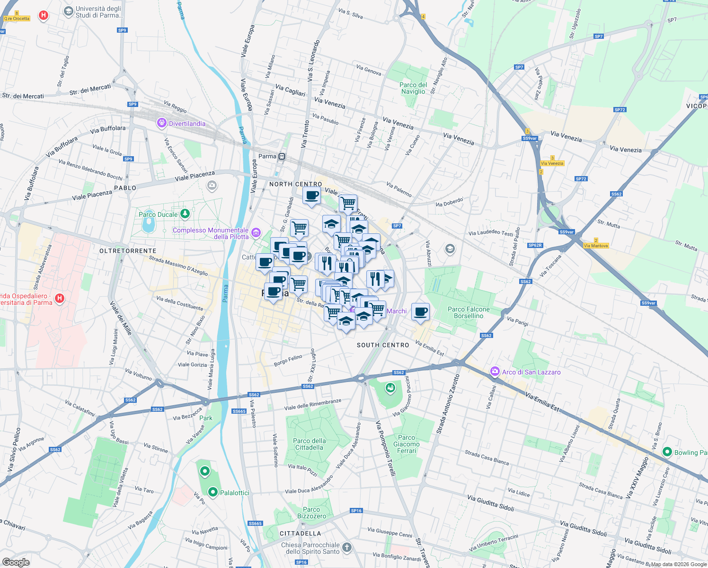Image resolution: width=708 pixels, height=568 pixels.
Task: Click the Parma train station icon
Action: click(x=282, y=156)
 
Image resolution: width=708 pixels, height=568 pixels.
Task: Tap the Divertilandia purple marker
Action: click(x=162, y=123)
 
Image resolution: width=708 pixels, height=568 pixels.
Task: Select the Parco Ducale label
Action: click(x=158, y=214)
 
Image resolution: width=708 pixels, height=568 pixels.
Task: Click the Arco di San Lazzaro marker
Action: click(x=495, y=372)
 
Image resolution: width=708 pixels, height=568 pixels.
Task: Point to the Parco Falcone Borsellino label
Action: click(x=469, y=312)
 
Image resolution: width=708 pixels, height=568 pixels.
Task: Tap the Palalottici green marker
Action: click(x=213, y=492)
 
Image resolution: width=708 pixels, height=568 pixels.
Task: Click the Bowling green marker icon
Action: click(x=667, y=452)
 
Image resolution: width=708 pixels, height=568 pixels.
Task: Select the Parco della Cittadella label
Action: click(x=309, y=444)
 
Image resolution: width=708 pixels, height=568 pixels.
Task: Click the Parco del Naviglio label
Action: click(x=413, y=88)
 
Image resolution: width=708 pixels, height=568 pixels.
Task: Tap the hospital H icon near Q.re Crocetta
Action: click(x=44, y=15)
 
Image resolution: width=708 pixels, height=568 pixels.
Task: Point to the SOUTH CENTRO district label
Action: click(x=383, y=345)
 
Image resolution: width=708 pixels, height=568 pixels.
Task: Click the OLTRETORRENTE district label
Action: click(x=128, y=251)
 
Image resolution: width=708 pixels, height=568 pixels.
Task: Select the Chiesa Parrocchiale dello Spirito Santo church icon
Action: click(x=347, y=548)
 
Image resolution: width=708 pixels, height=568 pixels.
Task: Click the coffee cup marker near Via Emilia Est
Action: click(x=420, y=312)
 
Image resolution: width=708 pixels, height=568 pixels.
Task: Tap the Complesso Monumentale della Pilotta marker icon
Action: click(x=256, y=232)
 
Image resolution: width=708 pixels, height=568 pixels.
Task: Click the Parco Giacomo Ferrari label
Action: click(x=407, y=444)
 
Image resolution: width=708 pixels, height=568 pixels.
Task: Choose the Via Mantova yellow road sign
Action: click(x=596, y=246)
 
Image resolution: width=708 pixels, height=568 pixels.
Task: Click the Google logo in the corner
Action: click(x=16, y=562)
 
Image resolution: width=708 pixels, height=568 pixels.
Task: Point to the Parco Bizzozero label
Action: click(x=311, y=513)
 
